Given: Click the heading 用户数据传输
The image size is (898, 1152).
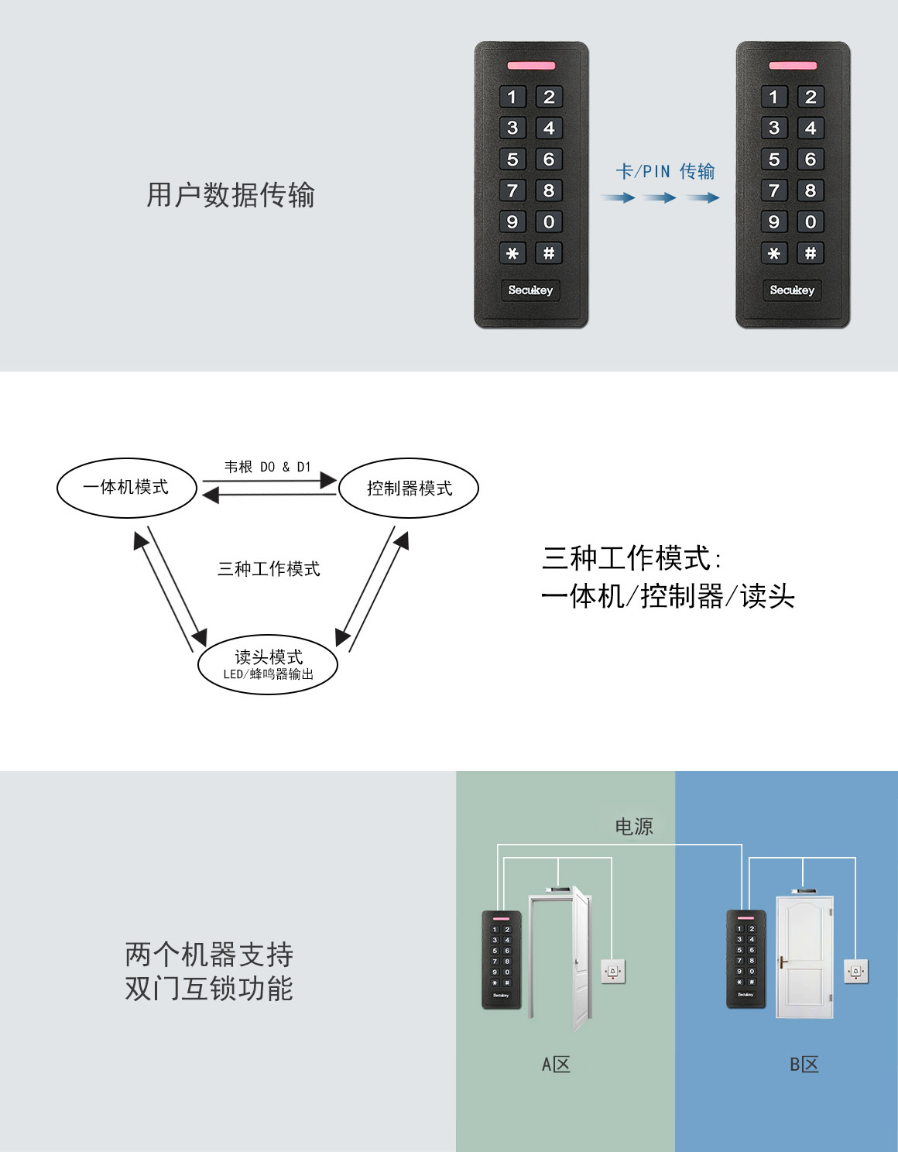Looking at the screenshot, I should click(x=231, y=195).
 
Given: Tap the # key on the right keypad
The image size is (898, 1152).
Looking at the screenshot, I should click(x=810, y=253).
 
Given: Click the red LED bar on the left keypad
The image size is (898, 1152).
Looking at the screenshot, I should click(x=531, y=66).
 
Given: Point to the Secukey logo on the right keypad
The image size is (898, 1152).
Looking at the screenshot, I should click(x=792, y=290).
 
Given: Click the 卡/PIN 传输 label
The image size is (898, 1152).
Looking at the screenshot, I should click(x=665, y=171).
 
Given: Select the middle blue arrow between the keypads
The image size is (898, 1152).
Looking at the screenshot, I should click(x=660, y=198).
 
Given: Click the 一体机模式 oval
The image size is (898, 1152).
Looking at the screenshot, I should click(x=127, y=488).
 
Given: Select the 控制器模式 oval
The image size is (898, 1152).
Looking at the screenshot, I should click(x=409, y=489).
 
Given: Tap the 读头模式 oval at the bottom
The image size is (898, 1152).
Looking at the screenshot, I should click(x=268, y=664).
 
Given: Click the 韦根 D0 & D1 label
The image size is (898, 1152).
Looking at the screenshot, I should click(x=267, y=467).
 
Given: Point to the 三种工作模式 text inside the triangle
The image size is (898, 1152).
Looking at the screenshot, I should click(x=269, y=569).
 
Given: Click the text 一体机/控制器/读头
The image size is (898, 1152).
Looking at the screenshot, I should click(x=668, y=596).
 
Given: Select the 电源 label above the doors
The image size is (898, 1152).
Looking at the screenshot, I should click(x=634, y=827).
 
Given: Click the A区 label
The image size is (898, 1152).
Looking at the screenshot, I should click(x=556, y=1065).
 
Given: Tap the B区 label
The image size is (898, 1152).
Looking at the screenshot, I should click(x=804, y=1065).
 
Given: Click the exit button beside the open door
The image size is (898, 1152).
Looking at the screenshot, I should click(x=613, y=971).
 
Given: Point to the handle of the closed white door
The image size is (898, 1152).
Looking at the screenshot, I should click(x=783, y=963).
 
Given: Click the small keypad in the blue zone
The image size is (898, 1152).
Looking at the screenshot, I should click(x=745, y=959).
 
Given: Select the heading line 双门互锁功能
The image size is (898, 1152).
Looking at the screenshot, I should click(x=209, y=989).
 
